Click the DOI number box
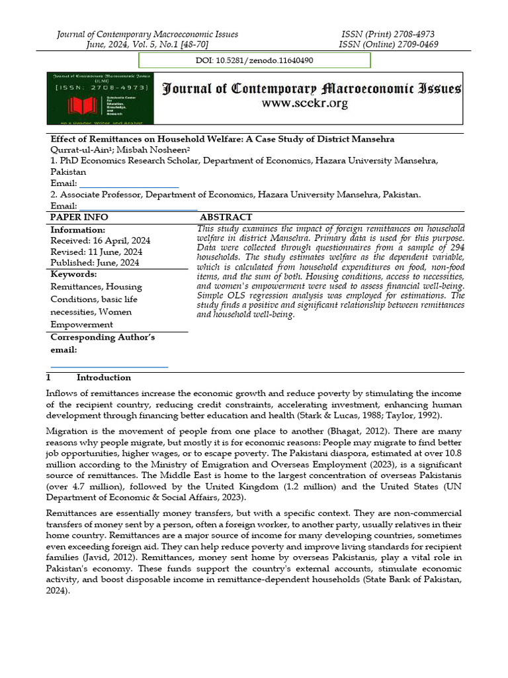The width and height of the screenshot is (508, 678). pyautogui.click(x=254, y=60)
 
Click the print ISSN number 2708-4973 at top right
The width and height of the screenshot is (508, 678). pyautogui.click(x=415, y=34)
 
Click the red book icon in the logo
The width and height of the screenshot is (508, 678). pyautogui.click(x=69, y=105)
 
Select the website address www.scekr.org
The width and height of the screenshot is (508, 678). pyautogui.click(x=305, y=103)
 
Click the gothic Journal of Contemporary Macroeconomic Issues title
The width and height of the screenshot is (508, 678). pyautogui.click(x=312, y=89)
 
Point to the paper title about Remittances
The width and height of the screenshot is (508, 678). pyautogui.click(x=222, y=139)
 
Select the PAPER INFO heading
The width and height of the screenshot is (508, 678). pyautogui.click(x=79, y=217)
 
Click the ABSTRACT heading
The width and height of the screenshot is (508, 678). pyautogui.click(x=226, y=217)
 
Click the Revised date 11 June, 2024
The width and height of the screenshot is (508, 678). pyautogui.click(x=96, y=252)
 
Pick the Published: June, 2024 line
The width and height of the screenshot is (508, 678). pyautogui.click(x=95, y=262)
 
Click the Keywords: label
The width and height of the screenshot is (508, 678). pyautogui.click(x=73, y=274)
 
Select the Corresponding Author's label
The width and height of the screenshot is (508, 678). pyautogui.click(x=103, y=337)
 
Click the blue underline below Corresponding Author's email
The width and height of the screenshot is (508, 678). pyautogui.click(x=109, y=366)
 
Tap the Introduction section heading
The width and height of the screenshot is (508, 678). pyautogui.click(x=103, y=377)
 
